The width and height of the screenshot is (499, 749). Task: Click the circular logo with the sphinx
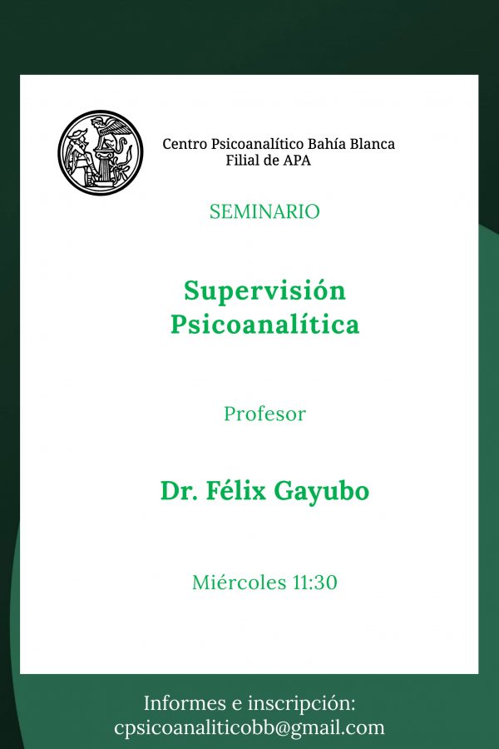coord(101,153)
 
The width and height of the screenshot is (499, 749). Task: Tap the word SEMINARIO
coord(264,211)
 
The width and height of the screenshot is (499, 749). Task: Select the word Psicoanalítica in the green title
coord(264,324)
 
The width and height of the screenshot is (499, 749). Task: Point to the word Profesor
coord(264,414)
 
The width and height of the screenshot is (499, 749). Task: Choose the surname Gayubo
coord(321,492)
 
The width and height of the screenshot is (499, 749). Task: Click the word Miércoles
coord(239,583)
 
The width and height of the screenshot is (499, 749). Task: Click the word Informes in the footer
coord(185,703)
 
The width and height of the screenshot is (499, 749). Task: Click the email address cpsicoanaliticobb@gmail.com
coord(249,728)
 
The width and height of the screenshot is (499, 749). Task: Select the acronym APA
coord(297,160)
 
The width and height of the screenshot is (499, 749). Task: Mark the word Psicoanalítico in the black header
coord(257,144)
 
